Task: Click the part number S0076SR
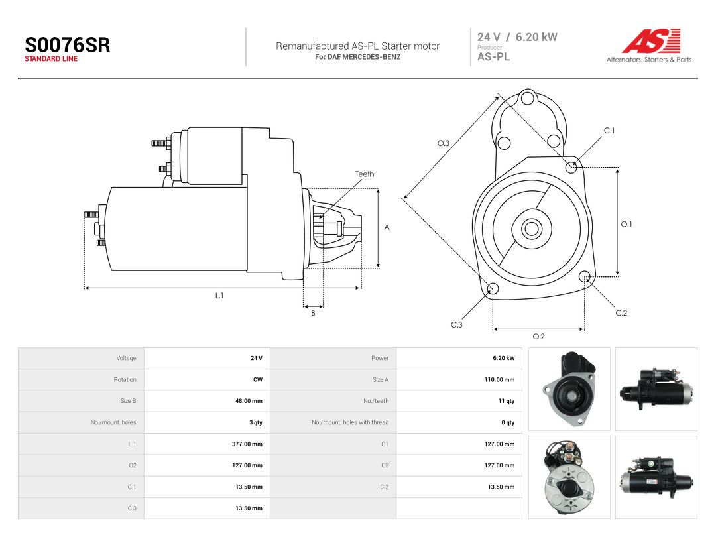tap(67, 45)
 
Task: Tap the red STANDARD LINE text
tap(51, 59)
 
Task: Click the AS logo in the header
tap(651, 41)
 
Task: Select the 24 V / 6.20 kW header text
tap(517, 37)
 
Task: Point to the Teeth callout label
tap(365, 174)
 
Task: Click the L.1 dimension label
tap(219, 296)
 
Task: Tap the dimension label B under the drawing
tap(313, 313)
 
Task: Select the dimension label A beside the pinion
tap(387, 227)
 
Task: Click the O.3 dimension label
tap(444, 143)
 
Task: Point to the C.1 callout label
tap(609, 131)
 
